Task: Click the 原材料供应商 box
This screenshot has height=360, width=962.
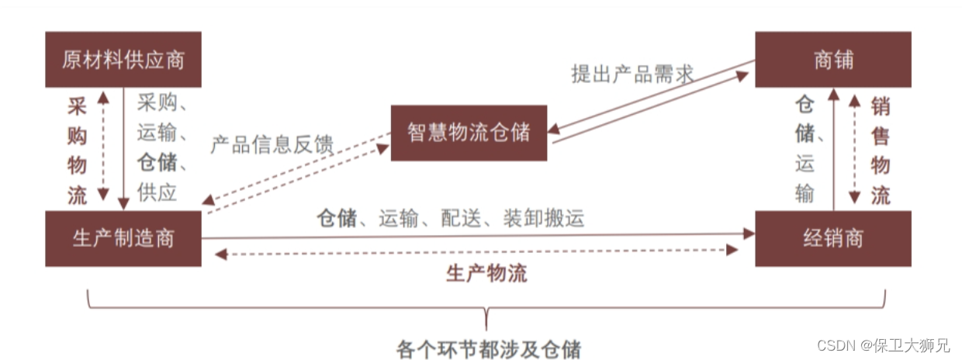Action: click(123, 60)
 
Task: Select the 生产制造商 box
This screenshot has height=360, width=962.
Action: click(123, 238)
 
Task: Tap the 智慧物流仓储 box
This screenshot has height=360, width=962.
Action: click(469, 133)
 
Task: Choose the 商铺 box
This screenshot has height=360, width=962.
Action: click(833, 60)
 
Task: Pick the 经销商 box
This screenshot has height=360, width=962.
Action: click(833, 238)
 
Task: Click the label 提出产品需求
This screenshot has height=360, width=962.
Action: click(632, 74)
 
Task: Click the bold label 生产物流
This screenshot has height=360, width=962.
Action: click(486, 273)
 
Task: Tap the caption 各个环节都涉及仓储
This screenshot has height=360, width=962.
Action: click(488, 348)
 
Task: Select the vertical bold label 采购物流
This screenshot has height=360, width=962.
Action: click(77, 151)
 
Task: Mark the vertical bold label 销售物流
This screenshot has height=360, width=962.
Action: click(880, 151)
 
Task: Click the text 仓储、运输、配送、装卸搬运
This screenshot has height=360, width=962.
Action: click(450, 218)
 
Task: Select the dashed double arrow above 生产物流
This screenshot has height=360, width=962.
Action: click(477, 251)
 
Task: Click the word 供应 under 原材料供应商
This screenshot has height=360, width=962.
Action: click(157, 192)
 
